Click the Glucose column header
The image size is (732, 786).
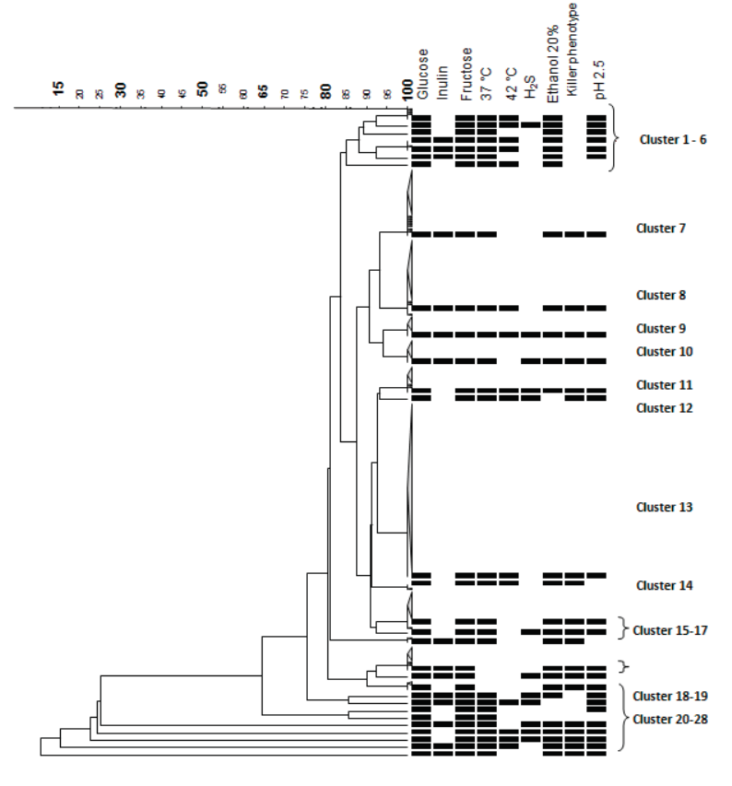point(422,74)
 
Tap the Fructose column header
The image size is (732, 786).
point(466,73)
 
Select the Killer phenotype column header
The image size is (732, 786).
point(573,51)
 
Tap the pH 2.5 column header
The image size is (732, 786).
point(596,79)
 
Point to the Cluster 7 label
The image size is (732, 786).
point(661,228)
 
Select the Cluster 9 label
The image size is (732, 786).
point(661,328)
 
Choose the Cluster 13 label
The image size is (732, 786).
point(664,507)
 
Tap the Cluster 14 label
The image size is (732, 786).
point(664,585)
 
